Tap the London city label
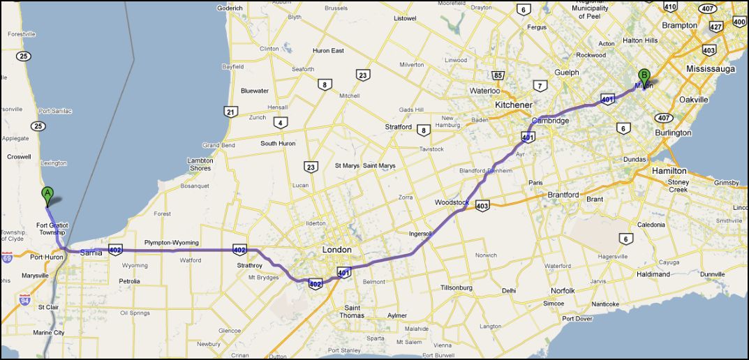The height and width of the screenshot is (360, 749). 336,250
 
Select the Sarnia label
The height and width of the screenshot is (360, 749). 91,252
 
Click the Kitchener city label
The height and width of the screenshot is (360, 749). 513,105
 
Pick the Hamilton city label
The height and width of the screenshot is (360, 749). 669,171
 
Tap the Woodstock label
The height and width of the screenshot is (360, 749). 451,202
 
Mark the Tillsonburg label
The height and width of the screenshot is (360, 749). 457,287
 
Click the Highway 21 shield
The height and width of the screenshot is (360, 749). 230,112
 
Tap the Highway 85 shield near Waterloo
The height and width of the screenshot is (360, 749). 498,75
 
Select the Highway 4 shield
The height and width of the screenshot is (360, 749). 281,123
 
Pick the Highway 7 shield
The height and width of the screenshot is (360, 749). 539,86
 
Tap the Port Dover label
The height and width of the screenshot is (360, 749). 577,319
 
